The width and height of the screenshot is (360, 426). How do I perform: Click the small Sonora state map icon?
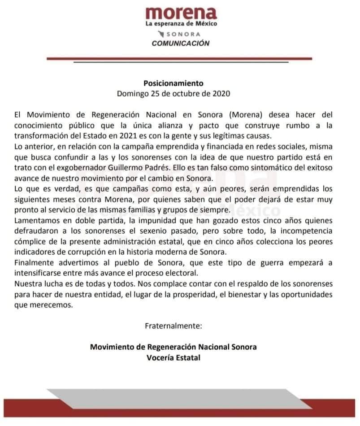point(162,34)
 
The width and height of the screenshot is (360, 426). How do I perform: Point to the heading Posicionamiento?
point(173,83)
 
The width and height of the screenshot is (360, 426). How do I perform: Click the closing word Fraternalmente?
point(173,326)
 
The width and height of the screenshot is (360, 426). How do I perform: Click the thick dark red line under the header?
point(179,58)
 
